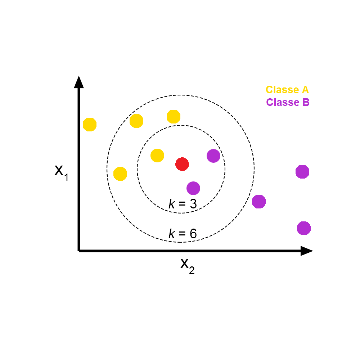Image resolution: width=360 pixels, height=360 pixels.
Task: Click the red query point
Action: [182, 164]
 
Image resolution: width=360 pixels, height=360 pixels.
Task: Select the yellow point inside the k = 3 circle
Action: [157, 156]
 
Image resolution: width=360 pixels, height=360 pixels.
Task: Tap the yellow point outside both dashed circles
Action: [90, 125]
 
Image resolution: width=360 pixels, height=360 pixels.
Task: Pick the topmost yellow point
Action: [174, 117]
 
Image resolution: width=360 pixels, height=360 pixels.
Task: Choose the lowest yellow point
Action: [120, 174]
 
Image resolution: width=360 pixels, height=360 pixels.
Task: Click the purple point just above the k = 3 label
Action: [193, 188]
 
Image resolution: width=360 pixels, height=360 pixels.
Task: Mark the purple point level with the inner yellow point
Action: [213, 156]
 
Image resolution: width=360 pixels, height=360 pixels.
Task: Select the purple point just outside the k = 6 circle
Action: [259, 202]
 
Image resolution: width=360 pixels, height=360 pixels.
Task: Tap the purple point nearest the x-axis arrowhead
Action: [304, 228]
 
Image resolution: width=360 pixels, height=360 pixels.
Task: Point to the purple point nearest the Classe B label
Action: [302, 172]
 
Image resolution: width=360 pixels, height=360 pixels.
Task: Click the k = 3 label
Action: [183, 204]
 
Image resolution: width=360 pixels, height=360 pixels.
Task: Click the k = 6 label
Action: [183, 234]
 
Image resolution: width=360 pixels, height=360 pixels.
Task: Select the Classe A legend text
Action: [287, 90]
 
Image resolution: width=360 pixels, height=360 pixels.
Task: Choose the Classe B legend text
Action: [288, 102]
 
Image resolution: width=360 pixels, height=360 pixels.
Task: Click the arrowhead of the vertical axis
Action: [79, 82]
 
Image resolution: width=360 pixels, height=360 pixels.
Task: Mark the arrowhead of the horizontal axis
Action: [306, 251]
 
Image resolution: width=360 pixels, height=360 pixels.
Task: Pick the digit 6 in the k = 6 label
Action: [193, 234]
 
